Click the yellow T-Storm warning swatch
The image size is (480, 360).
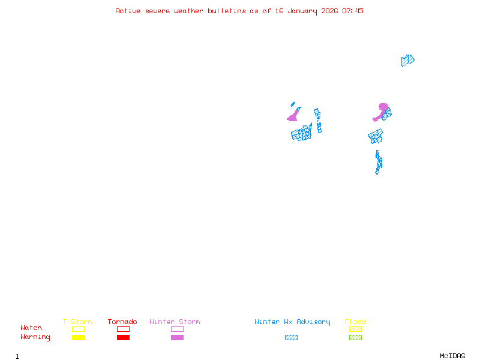click(x=78, y=338)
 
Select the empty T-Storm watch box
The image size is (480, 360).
click(x=78, y=329)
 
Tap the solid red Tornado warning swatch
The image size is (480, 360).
click(x=123, y=338)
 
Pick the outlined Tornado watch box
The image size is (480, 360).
click(x=123, y=329)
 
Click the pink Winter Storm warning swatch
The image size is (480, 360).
click(x=177, y=338)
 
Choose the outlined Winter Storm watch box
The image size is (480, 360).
click(x=177, y=329)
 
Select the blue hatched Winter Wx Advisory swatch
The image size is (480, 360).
click(x=291, y=338)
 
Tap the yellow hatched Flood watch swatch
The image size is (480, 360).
click(x=355, y=329)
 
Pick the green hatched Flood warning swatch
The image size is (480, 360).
click(x=355, y=338)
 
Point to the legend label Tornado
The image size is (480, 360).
click(x=122, y=322)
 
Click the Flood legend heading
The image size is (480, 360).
click(x=355, y=322)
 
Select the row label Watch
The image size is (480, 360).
click(x=31, y=328)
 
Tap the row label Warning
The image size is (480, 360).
click(x=35, y=337)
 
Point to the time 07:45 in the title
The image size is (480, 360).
click(x=353, y=11)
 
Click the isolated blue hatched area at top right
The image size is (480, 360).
click(x=407, y=60)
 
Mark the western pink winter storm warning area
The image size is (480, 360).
click(x=293, y=116)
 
